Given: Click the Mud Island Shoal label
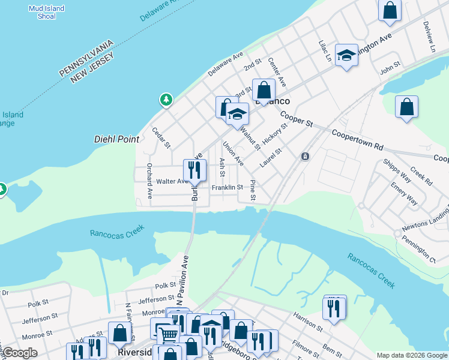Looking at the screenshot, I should pyautogui.click(x=42, y=12).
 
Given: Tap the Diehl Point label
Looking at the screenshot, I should pyautogui.click(x=116, y=139).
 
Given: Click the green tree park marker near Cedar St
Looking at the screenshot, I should pyautogui.click(x=166, y=100).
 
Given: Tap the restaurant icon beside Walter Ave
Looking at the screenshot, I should pyautogui.click(x=194, y=170).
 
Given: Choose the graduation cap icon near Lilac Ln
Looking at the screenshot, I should pyautogui.click(x=346, y=56).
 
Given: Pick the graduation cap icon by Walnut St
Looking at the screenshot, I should pyautogui.click(x=238, y=113).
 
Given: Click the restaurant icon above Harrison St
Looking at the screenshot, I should pyautogui.click(x=334, y=308).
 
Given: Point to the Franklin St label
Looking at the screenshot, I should pyautogui.click(x=227, y=187).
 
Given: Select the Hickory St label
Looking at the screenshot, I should pyautogui.click(x=271, y=133).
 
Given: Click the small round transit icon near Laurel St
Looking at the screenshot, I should pyautogui.click(x=305, y=157).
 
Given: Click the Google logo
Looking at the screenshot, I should pyautogui.click(x=20, y=353).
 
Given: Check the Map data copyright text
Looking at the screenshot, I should pyautogui.click(x=411, y=355).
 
